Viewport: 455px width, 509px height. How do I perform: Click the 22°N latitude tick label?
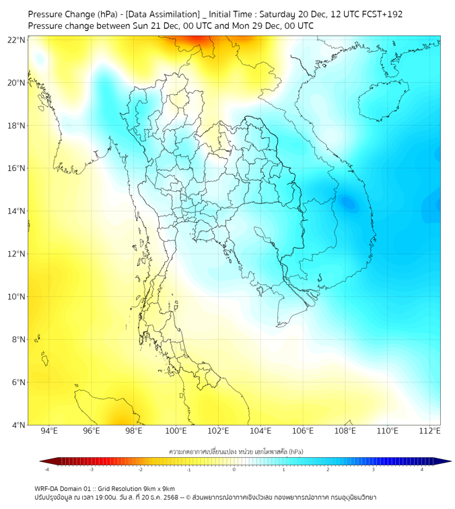17,40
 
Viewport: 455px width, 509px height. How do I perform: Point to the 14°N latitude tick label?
17,211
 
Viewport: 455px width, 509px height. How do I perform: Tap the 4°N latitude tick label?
19,425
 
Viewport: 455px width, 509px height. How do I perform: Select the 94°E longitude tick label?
49,431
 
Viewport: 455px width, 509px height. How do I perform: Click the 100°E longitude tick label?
176,431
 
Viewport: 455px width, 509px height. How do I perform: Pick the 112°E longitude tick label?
430,431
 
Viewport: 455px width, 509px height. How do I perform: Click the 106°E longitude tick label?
303,431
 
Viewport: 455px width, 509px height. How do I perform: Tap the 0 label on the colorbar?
234,469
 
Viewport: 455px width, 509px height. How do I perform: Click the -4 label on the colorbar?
46,469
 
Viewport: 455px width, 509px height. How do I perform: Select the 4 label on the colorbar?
422,469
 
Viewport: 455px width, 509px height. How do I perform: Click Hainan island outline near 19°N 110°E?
380,101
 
